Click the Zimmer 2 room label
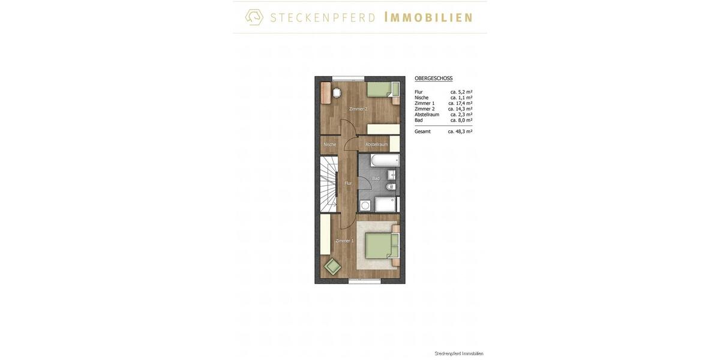(358, 109)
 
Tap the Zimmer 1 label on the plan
(344, 241)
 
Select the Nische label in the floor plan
(329, 145)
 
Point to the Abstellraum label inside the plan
(376, 145)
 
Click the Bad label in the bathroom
(376, 178)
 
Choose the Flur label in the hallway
(348, 183)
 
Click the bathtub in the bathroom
(385, 161)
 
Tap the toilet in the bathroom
(391, 187)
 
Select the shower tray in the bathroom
(385, 204)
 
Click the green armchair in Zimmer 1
(332, 266)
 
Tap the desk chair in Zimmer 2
(337, 92)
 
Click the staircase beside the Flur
(329, 184)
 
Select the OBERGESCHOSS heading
(433, 79)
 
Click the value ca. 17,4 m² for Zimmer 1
(460, 103)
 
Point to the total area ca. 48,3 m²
(460, 131)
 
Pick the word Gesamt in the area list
(422, 131)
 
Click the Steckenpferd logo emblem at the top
(254, 17)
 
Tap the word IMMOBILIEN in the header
(428, 17)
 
